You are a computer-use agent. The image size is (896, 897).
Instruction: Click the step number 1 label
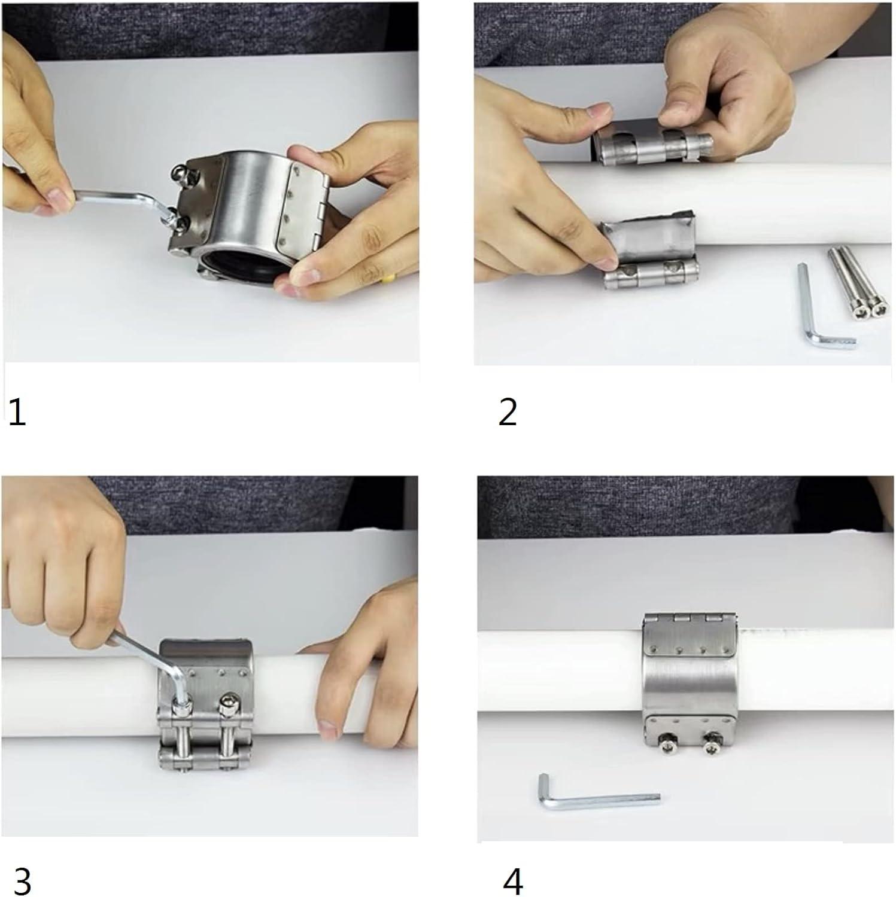coord(17,413)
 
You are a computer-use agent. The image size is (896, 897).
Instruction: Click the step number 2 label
coord(508,412)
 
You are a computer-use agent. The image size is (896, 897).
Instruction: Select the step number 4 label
coord(512,880)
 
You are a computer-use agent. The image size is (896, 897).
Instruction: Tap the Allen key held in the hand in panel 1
coord(120,197)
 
